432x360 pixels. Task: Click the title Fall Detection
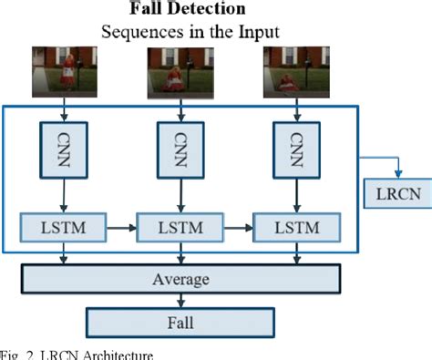pos(187,10)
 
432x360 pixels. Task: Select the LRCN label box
pos(393,194)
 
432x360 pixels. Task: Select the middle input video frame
pos(182,72)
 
